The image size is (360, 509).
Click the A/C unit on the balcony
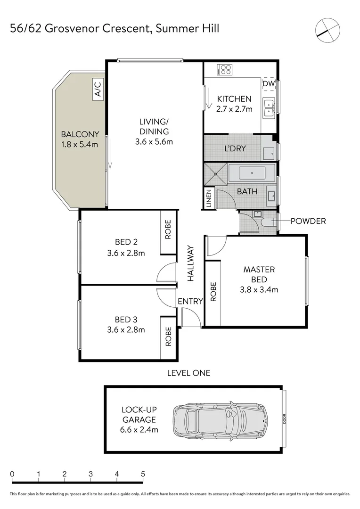[98, 89]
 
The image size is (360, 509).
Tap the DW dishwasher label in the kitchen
[269, 84]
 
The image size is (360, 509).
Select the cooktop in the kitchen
[225, 69]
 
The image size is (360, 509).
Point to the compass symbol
[327, 30]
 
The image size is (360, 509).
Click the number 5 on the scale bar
[143, 474]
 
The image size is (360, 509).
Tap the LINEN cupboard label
[209, 198]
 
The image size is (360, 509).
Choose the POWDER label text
[308, 221]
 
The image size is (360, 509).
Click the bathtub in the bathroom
[252, 173]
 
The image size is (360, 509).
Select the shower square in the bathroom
[215, 173]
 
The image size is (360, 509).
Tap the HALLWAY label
[190, 263]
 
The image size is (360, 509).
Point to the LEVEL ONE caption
[188, 373]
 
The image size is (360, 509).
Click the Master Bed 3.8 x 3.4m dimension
[259, 289]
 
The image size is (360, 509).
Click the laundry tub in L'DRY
[269, 153]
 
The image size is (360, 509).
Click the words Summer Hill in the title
[188, 29]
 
